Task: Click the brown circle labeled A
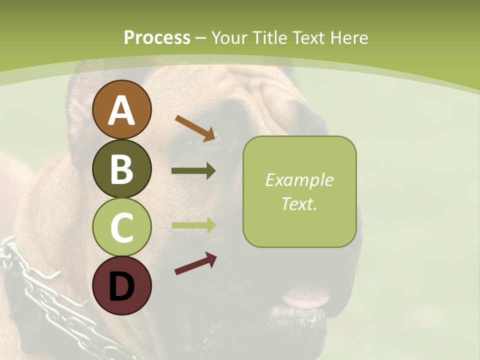click(122, 109)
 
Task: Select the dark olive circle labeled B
click(122, 168)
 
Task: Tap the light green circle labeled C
click(122, 227)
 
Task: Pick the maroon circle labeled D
click(122, 286)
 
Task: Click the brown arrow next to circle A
click(195, 128)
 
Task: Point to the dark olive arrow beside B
click(193, 171)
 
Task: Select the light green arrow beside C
click(193, 225)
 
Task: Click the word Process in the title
click(157, 37)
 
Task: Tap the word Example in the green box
click(299, 180)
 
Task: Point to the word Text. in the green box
click(299, 203)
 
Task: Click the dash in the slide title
click(201, 38)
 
